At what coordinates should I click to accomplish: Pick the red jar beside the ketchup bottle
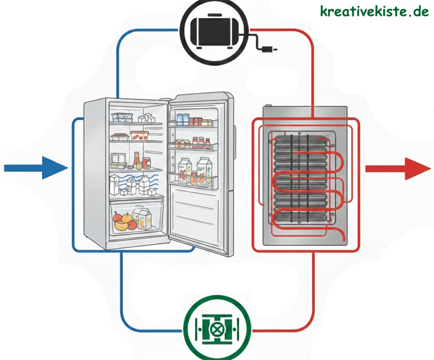tap(146, 163)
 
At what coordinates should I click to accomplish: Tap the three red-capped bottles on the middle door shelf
tap(201, 142)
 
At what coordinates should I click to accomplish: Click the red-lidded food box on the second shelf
tap(140, 135)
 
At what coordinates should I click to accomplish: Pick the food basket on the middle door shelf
tap(181, 145)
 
